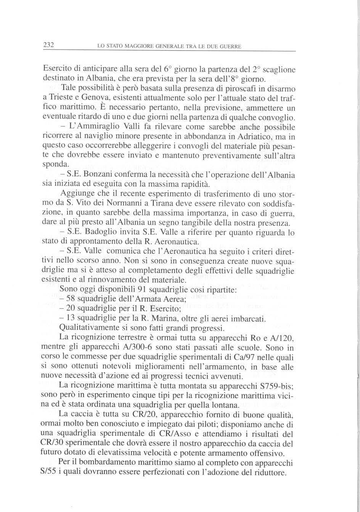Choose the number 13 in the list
click(x=71, y=318)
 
